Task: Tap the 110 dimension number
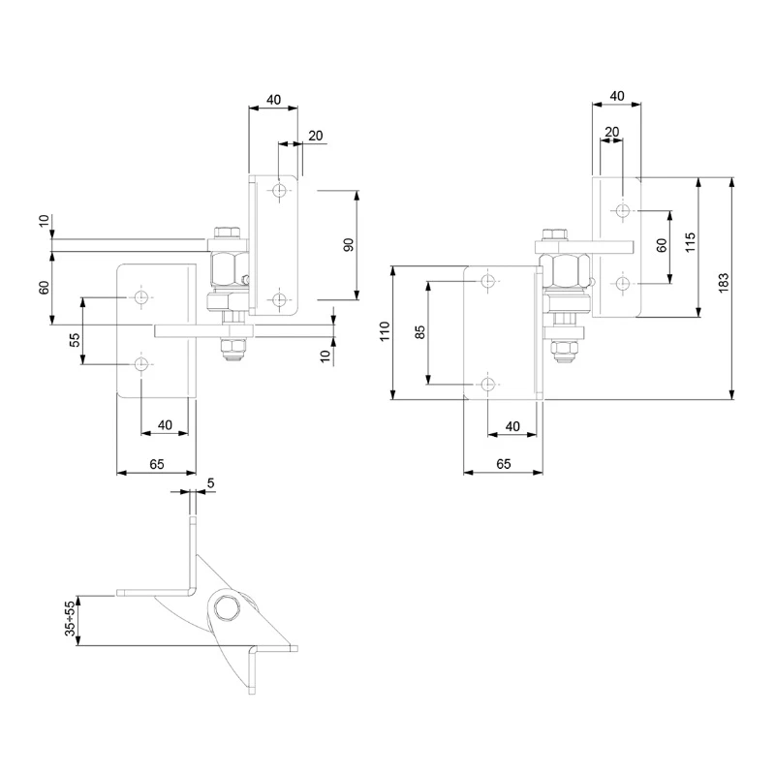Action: [x=384, y=333]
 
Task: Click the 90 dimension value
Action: [x=349, y=244]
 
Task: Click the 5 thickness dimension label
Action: [x=210, y=482]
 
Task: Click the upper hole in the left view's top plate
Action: [x=280, y=190]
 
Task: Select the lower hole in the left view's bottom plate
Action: [x=141, y=364]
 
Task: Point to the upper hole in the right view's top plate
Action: [x=622, y=209]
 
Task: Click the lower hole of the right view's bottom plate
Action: [x=488, y=384]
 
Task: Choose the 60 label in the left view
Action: [x=44, y=288]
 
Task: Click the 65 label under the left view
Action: [x=157, y=464]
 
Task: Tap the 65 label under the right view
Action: [x=503, y=464]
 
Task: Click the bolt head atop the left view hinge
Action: [x=227, y=232]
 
